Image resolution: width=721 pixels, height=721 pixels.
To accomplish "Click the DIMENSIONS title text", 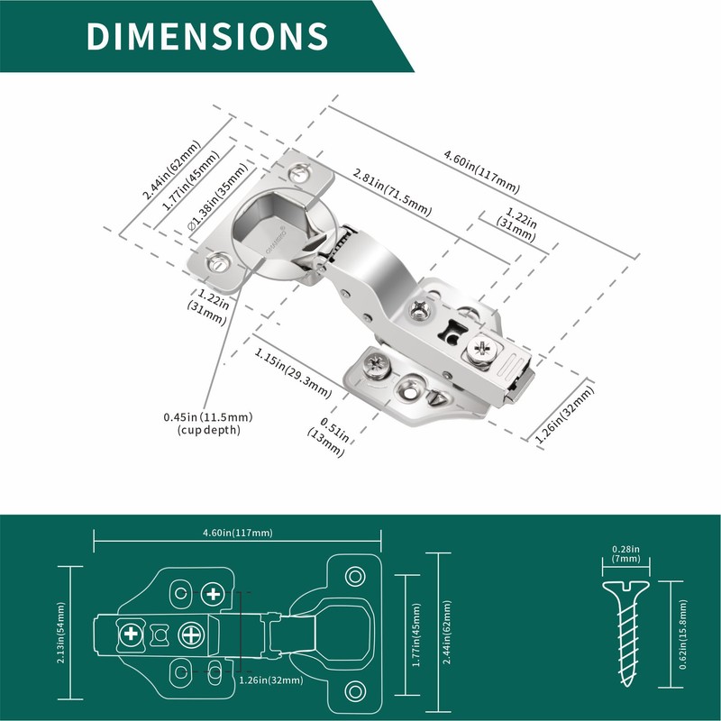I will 206,35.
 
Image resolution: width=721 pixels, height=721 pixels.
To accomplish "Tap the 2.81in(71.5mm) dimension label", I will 392,190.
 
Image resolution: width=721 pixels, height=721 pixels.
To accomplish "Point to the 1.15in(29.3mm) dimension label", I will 292,371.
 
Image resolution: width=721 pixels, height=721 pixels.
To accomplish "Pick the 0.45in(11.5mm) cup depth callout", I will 207,423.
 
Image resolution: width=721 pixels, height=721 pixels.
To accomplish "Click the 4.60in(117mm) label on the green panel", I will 238,533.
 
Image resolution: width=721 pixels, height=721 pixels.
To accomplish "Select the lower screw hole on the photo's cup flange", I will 217,264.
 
